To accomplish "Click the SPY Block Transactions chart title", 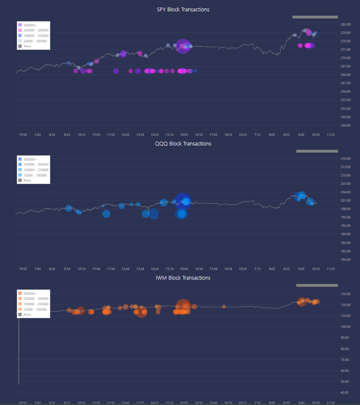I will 183,10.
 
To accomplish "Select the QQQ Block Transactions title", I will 183,144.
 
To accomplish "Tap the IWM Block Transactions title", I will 183,278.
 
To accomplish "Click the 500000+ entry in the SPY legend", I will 30,25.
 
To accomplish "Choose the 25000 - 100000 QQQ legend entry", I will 35,175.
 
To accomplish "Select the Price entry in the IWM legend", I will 27,314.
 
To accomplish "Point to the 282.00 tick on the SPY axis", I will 346,24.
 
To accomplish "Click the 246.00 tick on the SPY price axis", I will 346,125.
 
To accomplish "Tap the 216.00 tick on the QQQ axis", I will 346,158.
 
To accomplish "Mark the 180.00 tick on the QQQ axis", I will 346,260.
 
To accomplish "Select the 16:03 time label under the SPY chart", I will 184,135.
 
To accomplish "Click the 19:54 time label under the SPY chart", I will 23,135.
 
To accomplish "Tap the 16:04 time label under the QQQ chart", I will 184,269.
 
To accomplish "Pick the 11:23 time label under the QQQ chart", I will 330,269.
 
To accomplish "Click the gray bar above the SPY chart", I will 315,17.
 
